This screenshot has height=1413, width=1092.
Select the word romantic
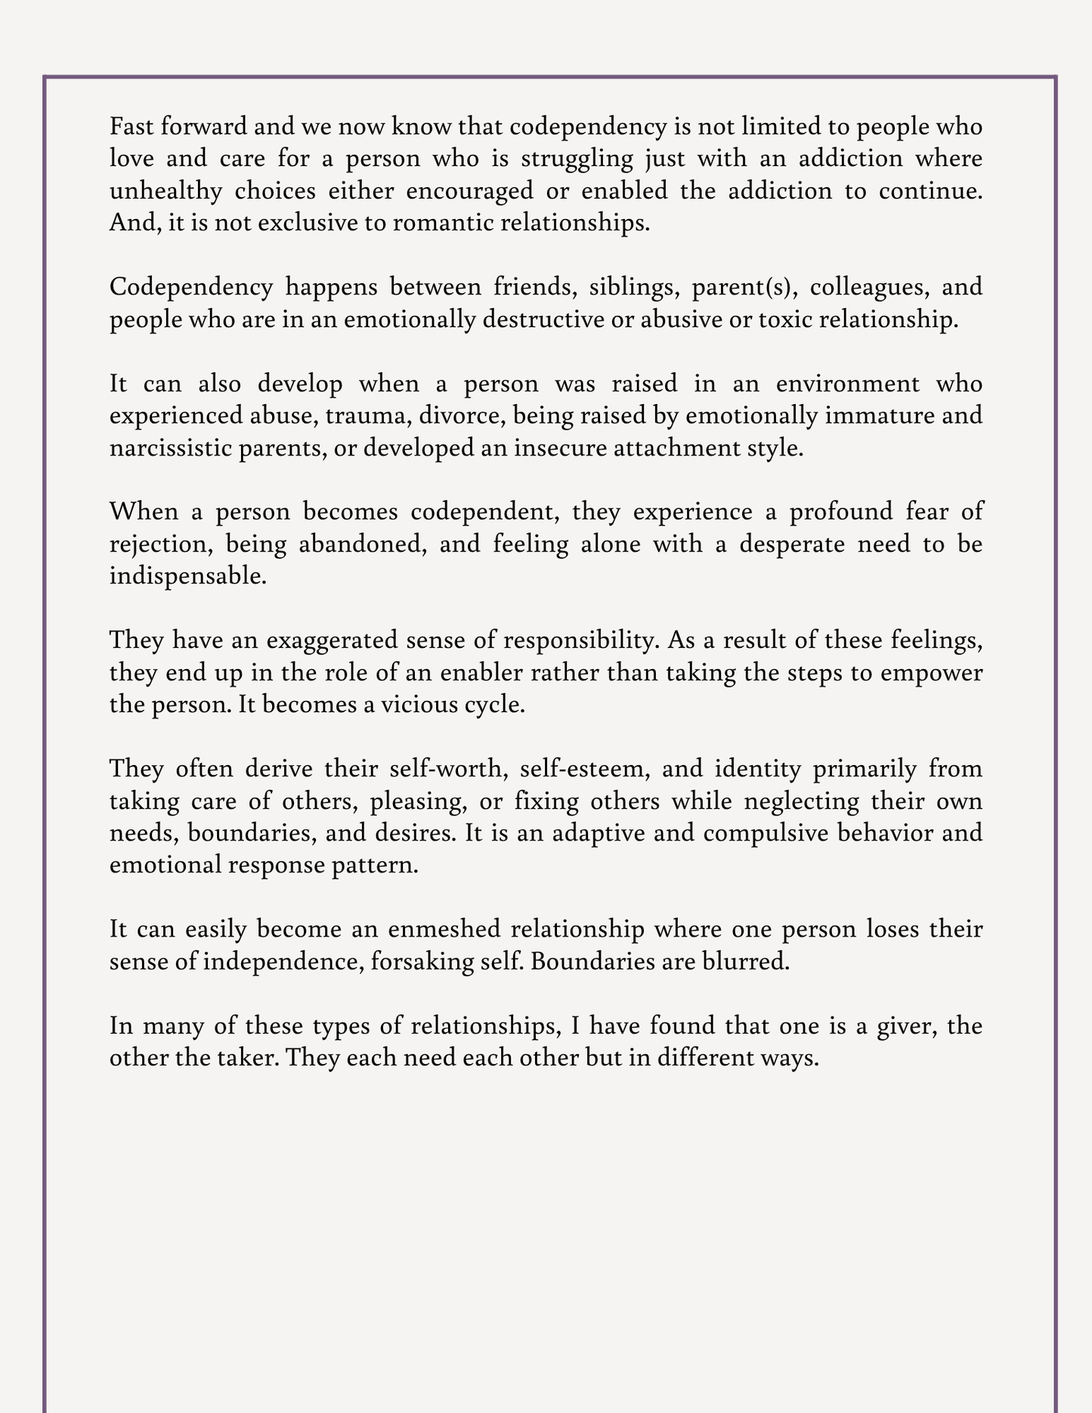click(433, 224)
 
